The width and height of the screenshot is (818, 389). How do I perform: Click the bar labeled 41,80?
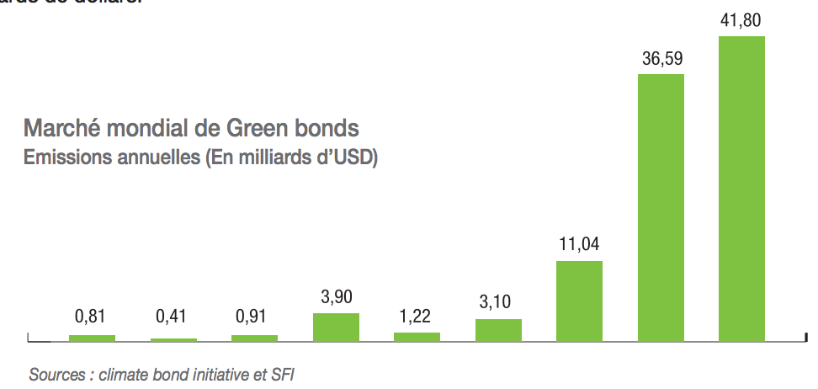tap(741, 189)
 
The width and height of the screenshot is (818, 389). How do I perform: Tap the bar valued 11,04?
tap(579, 301)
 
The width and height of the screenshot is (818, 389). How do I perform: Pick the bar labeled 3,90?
tap(336, 327)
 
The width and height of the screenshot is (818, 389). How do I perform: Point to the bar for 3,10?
tap(498, 330)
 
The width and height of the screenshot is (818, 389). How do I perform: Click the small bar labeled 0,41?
tap(173, 339)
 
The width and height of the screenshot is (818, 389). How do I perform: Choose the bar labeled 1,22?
tap(417, 337)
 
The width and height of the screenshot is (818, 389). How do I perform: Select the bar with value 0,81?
tap(92, 338)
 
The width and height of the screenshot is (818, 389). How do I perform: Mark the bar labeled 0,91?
tap(254, 338)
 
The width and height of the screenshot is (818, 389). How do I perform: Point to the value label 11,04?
tap(579, 246)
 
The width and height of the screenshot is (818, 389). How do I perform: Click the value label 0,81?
tap(92, 317)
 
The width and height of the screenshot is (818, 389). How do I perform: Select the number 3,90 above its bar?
tap(336, 296)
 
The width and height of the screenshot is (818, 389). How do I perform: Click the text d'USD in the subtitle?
tap(347, 158)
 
